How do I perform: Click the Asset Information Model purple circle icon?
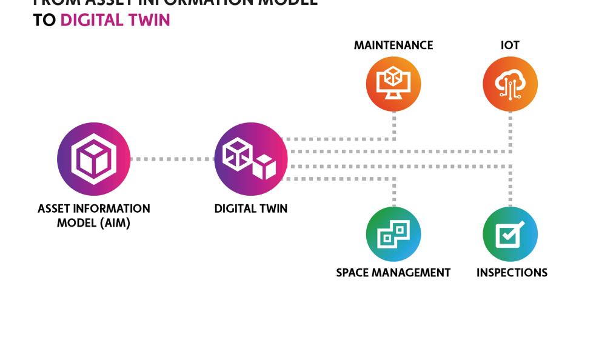(93, 159)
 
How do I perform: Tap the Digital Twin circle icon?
(250, 159)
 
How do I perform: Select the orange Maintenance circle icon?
(393, 84)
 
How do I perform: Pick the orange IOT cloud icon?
(510, 84)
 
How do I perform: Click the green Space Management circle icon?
(393, 234)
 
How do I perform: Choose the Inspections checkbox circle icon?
(510, 234)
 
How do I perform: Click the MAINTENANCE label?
(393, 45)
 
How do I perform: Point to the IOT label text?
(510, 45)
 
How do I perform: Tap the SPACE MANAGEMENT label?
(393, 273)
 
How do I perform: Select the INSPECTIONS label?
(512, 273)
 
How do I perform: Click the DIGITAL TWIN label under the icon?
(250, 208)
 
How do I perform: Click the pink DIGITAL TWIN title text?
(115, 20)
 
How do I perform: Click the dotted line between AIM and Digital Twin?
(172, 159)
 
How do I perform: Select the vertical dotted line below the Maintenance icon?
(394, 125)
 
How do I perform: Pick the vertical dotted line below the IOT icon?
(510, 130)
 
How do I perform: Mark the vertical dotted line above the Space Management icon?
(394, 193)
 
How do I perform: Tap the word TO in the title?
(44, 20)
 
